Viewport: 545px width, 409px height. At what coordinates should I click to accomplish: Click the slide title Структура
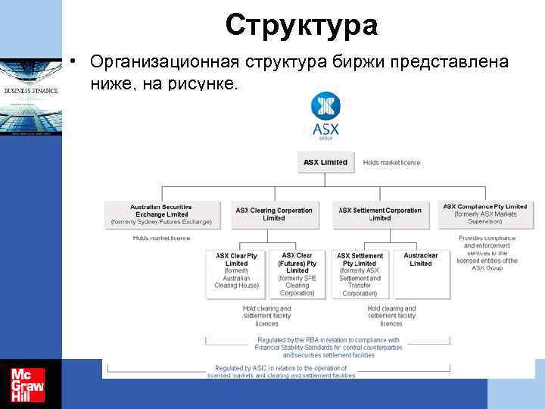(301, 25)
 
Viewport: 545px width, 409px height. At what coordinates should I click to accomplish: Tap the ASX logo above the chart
(326, 117)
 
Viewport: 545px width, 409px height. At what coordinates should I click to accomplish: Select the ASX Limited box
(325, 162)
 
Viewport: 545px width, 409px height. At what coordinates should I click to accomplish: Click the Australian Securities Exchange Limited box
(161, 214)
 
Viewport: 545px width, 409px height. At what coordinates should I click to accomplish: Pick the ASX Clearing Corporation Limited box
(274, 214)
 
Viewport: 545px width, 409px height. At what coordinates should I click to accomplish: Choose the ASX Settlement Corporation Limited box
(380, 214)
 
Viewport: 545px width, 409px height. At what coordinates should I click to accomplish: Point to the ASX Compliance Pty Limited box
(485, 214)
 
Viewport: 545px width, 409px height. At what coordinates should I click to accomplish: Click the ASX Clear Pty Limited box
(237, 270)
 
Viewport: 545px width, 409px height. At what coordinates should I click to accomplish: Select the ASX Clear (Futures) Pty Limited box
(297, 274)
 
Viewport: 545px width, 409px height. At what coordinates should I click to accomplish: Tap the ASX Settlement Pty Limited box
(360, 274)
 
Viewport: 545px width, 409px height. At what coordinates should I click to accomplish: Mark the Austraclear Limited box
(421, 259)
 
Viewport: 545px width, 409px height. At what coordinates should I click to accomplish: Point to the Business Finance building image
(31, 97)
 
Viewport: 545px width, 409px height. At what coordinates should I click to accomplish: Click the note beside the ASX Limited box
(391, 162)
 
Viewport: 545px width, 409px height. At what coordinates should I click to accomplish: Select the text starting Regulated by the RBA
(329, 347)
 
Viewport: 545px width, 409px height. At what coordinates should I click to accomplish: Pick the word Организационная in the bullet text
(155, 60)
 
